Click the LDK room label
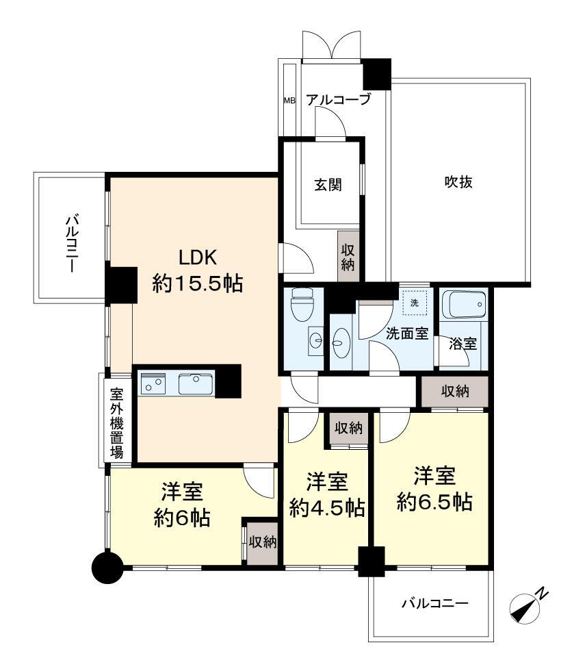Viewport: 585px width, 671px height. click(198, 258)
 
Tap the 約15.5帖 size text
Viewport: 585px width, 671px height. click(198, 283)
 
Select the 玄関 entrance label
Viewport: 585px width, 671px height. click(328, 185)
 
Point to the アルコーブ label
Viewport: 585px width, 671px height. click(338, 100)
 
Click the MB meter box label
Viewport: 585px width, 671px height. click(289, 101)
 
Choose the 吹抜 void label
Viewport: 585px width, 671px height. click(458, 182)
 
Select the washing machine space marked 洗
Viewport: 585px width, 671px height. click(415, 303)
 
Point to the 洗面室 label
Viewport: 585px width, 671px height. click(407, 333)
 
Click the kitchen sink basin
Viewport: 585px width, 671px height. click(196, 383)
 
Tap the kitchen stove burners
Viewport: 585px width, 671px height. click(153, 383)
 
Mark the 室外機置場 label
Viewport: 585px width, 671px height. click(117, 423)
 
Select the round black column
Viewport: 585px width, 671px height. click(107, 568)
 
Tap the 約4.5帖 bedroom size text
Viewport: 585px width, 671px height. click(327, 508)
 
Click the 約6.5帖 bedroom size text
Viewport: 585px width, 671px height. click(434, 501)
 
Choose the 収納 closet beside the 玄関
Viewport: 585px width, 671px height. click(348, 257)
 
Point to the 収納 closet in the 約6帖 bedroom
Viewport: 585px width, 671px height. click(263, 542)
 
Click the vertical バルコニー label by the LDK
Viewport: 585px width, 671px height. click(72, 244)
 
